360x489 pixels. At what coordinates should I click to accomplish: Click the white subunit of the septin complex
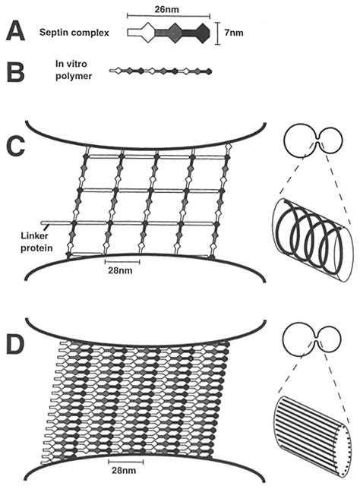coord(139,33)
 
